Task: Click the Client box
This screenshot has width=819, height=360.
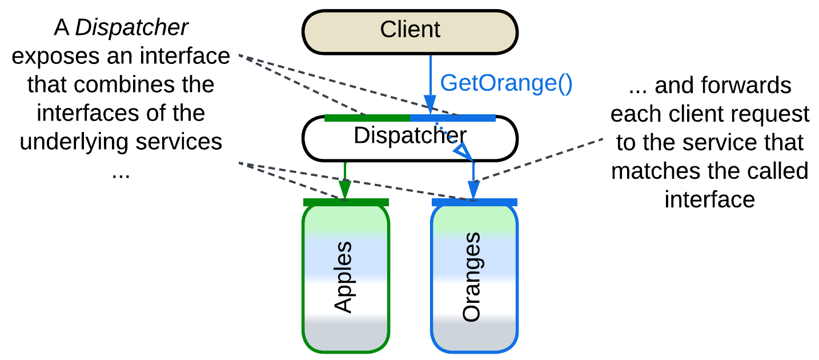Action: pyautogui.click(x=409, y=29)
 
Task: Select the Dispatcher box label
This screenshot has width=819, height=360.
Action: pyautogui.click(x=409, y=135)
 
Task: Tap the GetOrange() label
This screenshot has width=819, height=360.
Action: pyautogui.click(x=506, y=83)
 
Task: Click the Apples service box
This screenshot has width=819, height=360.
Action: pyautogui.click(x=346, y=277)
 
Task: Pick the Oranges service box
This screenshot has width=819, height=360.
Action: pyautogui.click(x=473, y=277)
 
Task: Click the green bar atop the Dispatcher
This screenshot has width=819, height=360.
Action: pyautogui.click(x=367, y=118)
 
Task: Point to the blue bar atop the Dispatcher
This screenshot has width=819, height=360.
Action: pyautogui.click(x=452, y=118)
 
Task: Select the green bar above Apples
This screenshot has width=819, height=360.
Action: pyautogui.click(x=346, y=202)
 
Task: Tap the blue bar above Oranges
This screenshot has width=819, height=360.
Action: pyautogui.click(x=474, y=202)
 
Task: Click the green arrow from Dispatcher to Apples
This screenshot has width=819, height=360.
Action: pyautogui.click(x=345, y=179)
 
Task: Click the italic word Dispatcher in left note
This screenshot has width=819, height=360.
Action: pyautogui.click(x=132, y=28)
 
